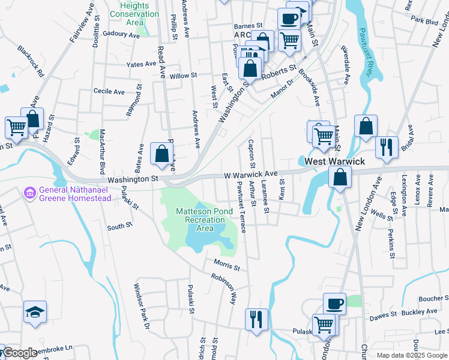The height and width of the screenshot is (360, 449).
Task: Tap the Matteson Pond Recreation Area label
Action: (x=203, y=220)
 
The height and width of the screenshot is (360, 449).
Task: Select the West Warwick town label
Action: (x=334, y=162)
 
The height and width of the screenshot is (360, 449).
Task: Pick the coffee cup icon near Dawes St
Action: (x=335, y=303)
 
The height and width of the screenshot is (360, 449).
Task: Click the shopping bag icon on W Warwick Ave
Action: (x=340, y=177)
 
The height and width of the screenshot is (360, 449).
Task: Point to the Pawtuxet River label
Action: (x=364, y=54)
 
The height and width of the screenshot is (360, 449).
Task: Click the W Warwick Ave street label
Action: (x=250, y=175)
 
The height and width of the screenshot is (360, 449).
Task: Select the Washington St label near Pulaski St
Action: (x=133, y=179)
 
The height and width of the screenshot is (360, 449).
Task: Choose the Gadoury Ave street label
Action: (x=121, y=34)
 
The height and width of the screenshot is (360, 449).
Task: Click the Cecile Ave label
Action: (x=109, y=92)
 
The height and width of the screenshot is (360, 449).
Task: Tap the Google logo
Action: (x=20, y=353)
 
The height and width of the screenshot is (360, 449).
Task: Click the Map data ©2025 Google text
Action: (x=411, y=355)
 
